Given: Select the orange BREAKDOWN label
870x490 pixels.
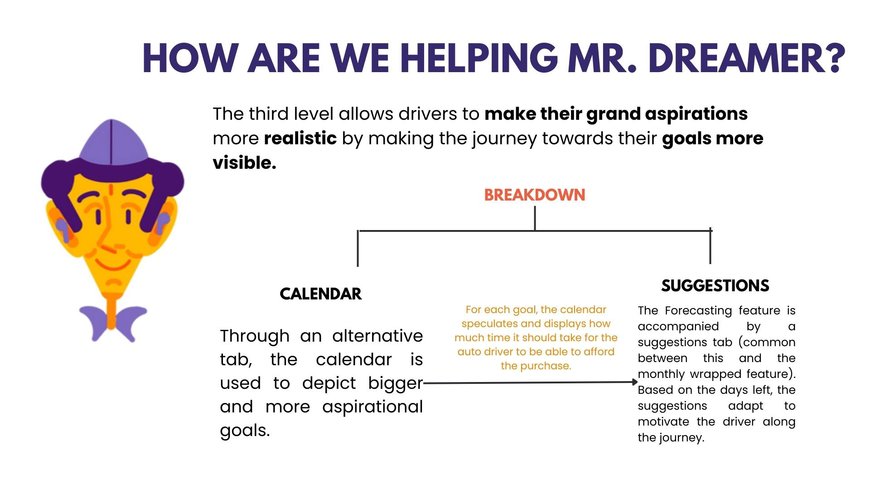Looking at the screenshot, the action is click(535, 195).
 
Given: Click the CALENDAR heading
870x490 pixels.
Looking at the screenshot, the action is click(321, 294).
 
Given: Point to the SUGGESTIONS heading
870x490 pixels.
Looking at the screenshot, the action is click(715, 286).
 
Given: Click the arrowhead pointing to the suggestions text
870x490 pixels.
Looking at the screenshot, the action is click(635, 382).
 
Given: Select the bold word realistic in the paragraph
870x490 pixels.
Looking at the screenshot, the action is click(300, 138).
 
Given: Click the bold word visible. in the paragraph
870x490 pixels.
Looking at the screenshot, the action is click(245, 163).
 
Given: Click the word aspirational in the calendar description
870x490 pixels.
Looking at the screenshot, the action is click(372, 407).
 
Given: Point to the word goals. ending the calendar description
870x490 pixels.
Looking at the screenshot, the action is click(245, 430).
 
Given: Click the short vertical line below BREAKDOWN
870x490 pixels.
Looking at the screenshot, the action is click(535, 218).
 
